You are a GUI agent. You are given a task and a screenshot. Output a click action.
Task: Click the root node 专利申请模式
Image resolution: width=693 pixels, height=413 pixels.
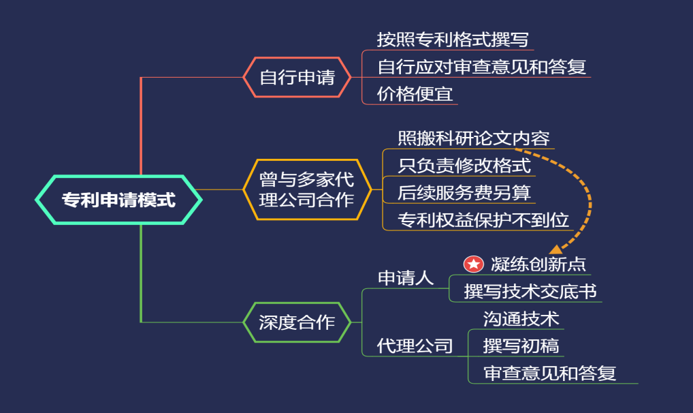(118, 200)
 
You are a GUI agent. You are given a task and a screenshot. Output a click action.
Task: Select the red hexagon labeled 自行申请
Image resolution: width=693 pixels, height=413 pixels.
(297, 77)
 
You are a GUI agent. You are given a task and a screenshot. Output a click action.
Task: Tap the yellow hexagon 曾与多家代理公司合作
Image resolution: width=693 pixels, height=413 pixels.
(307, 189)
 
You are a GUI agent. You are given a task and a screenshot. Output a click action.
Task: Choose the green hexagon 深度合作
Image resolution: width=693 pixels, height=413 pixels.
(297, 322)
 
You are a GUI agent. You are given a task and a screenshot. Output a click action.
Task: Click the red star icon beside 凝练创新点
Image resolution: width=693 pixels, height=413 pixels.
(473, 264)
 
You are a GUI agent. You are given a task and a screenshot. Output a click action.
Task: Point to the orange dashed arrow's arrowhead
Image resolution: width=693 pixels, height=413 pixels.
(556, 249)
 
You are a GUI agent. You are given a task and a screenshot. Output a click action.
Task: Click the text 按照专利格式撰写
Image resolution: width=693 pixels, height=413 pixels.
(453, 40)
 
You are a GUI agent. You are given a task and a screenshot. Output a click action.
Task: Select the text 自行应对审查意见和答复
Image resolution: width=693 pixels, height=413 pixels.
(482, 67)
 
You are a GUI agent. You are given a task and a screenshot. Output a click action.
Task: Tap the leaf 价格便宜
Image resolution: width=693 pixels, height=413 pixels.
(415, 94)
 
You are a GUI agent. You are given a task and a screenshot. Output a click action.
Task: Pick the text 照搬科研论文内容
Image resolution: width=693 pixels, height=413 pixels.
(473, 138)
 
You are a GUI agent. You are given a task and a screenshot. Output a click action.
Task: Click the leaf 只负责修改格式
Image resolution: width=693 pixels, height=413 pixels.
(464, 166)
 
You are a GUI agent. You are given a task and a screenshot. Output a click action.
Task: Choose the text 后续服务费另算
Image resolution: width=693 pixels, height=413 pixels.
(464, 193)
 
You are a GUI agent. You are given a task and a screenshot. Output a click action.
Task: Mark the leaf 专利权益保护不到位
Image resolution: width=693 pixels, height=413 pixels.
(483, 220)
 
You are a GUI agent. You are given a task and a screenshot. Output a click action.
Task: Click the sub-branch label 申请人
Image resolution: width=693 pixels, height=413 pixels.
(406, 278)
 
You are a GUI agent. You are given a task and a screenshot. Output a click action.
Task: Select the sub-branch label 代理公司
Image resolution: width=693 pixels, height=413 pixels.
(415, 346)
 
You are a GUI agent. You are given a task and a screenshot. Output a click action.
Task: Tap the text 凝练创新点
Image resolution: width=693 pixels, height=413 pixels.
(538, 264)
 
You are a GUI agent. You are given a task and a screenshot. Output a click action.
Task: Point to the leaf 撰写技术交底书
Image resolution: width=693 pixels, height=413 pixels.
(530, 291)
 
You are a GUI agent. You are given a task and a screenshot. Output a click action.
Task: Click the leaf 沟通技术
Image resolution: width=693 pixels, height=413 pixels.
(521, 319)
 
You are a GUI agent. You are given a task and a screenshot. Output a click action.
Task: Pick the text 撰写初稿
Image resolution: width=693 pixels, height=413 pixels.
(521, 346)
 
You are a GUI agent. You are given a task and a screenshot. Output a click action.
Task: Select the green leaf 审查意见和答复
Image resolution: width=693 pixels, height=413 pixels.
(549, 373)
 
